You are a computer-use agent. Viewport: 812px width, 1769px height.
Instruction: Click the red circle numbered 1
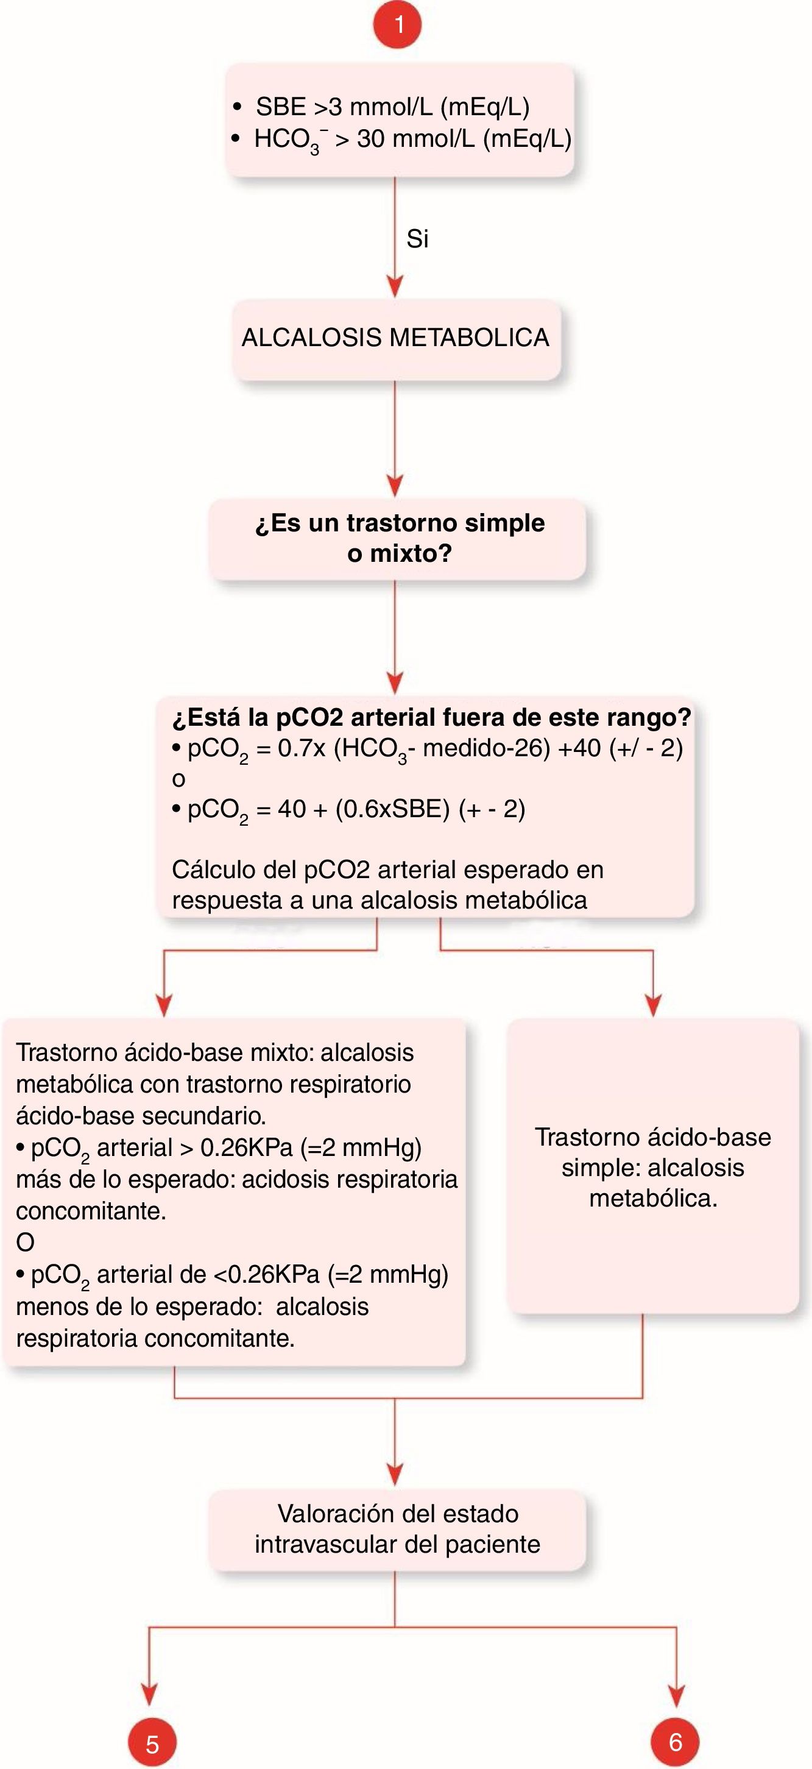pyautogui.click(x=397, y=25)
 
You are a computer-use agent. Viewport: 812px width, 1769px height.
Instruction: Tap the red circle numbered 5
pyautogui.click(x=152, y=1743)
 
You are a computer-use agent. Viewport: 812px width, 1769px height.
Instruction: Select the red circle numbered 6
pyautogui.click(x=676, y=1742)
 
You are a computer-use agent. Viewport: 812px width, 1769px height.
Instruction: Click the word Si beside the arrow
pyautogui.click(x=417, y=239)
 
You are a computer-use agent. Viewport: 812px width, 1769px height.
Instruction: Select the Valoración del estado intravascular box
pyautogui.click(x=397, y=1529)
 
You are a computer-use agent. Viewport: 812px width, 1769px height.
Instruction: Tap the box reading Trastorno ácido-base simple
pyautogui.click(x=653, y=1167)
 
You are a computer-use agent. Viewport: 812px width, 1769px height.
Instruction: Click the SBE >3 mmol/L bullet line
pyautogui.click(x=392, y=107)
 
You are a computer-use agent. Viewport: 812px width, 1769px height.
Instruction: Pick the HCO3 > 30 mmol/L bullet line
pyautogui.click(x=412, y=139)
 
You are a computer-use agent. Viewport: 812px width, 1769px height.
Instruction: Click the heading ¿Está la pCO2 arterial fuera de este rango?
pyautogui.click(x=431, y=717)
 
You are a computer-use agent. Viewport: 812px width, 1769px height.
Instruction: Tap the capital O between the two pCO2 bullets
pyautogui.click(x=26, y=1243)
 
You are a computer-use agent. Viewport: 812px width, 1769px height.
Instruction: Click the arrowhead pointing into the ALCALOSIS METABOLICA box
pyautogui.click(x=395, y=287)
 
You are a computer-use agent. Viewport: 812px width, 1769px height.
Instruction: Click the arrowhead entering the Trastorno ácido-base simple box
pyautogui.click(x=653, y=1006)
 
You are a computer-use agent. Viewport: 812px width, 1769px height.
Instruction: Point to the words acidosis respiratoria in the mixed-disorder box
pyautogui.click(x=350, y=1179)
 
